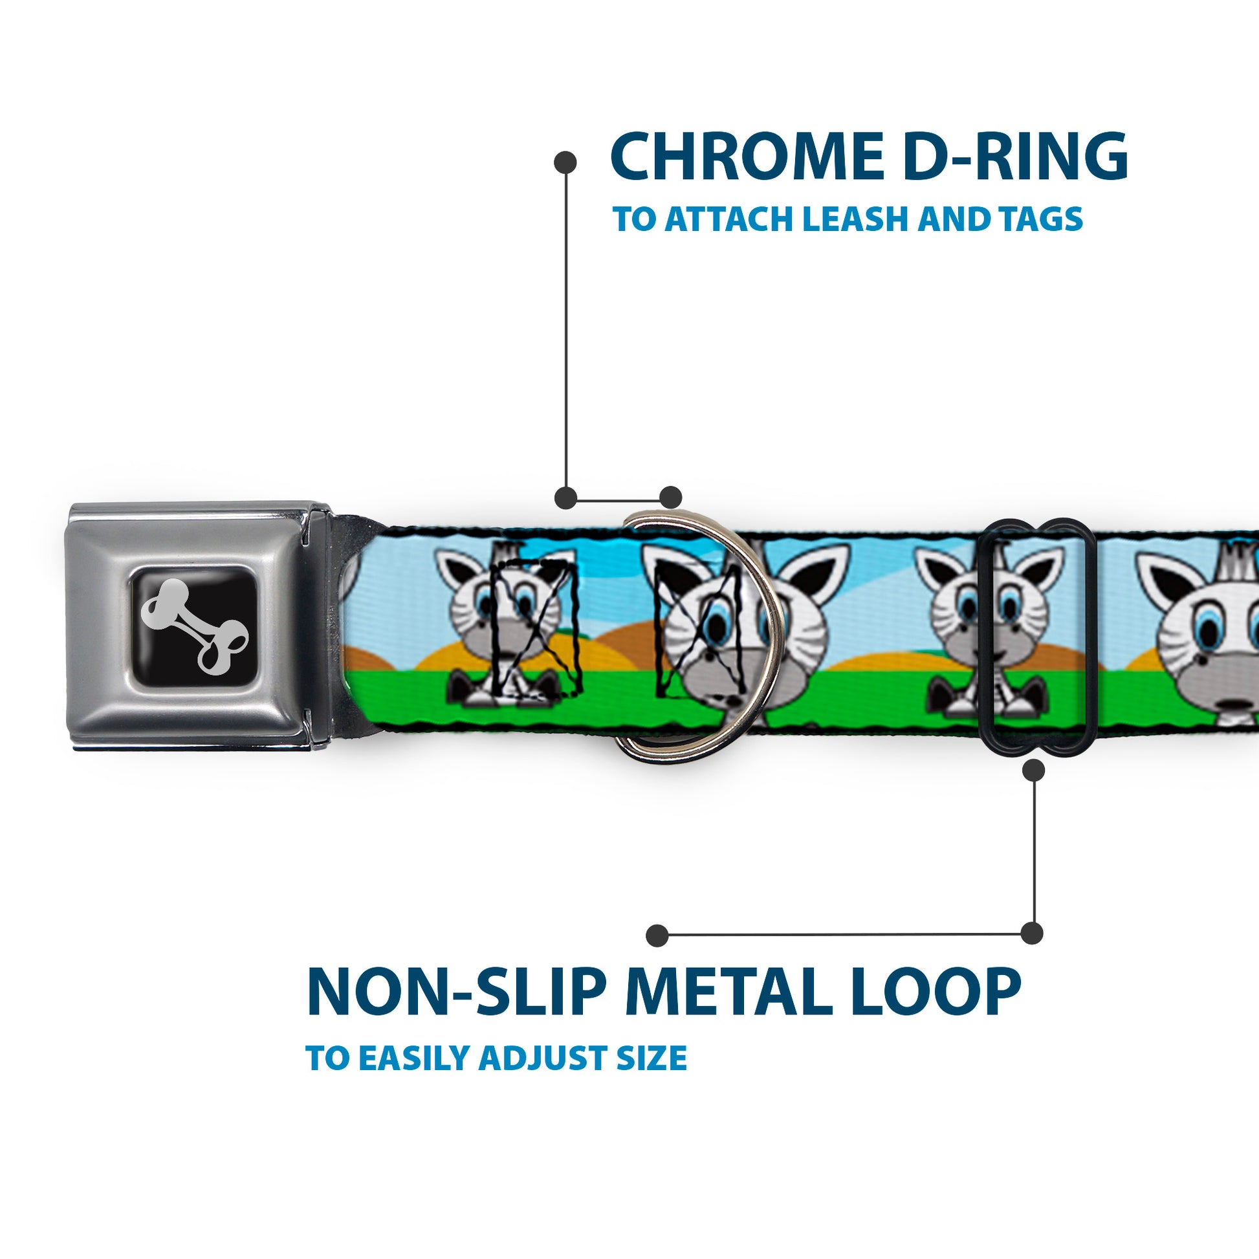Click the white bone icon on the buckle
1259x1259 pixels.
click(x=194, y=626)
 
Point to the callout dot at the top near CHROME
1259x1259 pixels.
click(x=565, y=162)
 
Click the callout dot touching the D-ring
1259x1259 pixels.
click(x=670, y=498)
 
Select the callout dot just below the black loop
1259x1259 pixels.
click(x=1033, y=771)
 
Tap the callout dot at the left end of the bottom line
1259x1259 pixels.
click(x=657, y=935)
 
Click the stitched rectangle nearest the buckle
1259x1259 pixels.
click(x=533, y=632)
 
